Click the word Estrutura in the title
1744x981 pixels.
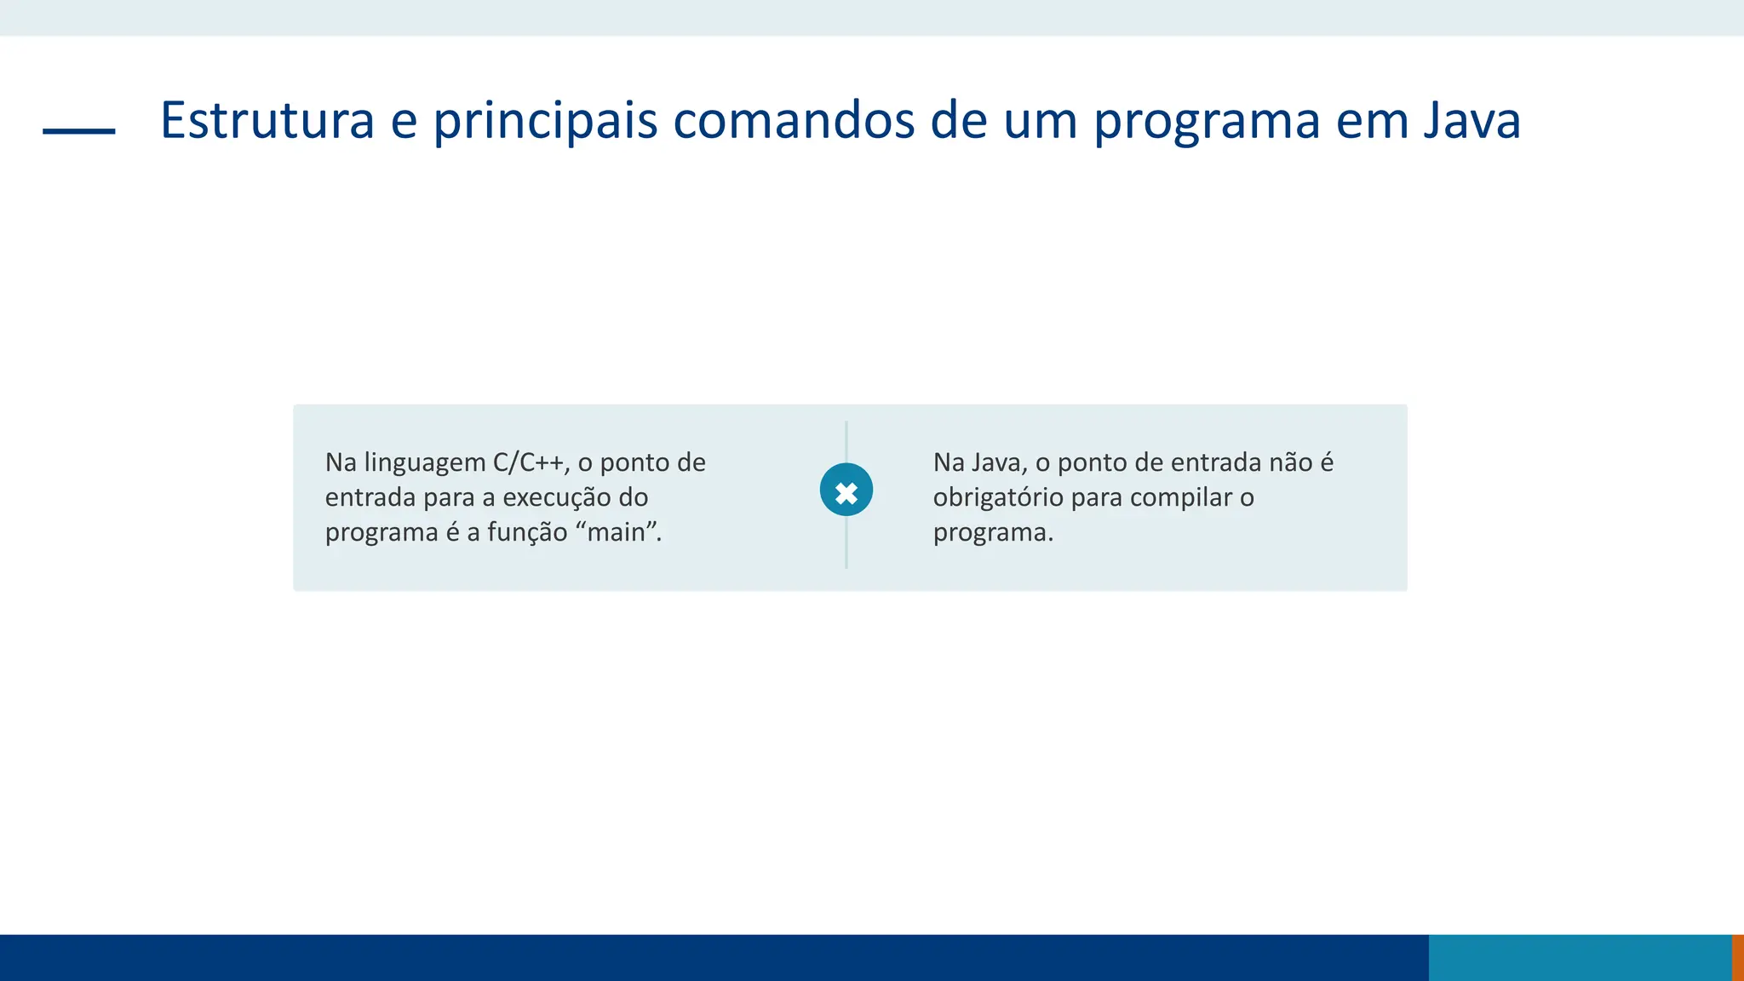(267, 120)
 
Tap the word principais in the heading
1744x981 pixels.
(545, 120)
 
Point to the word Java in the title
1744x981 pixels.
(1471, 120)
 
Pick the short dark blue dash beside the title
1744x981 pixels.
(79, 131)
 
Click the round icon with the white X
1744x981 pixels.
(846, 490)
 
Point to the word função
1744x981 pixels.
(527, 532)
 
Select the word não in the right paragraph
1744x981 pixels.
(1291, 462)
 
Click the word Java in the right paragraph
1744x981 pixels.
(999, 462)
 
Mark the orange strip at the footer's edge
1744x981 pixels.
(1737, 957)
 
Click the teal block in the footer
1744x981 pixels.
(1580, 957)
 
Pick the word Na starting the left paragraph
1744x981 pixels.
(341, 462)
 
